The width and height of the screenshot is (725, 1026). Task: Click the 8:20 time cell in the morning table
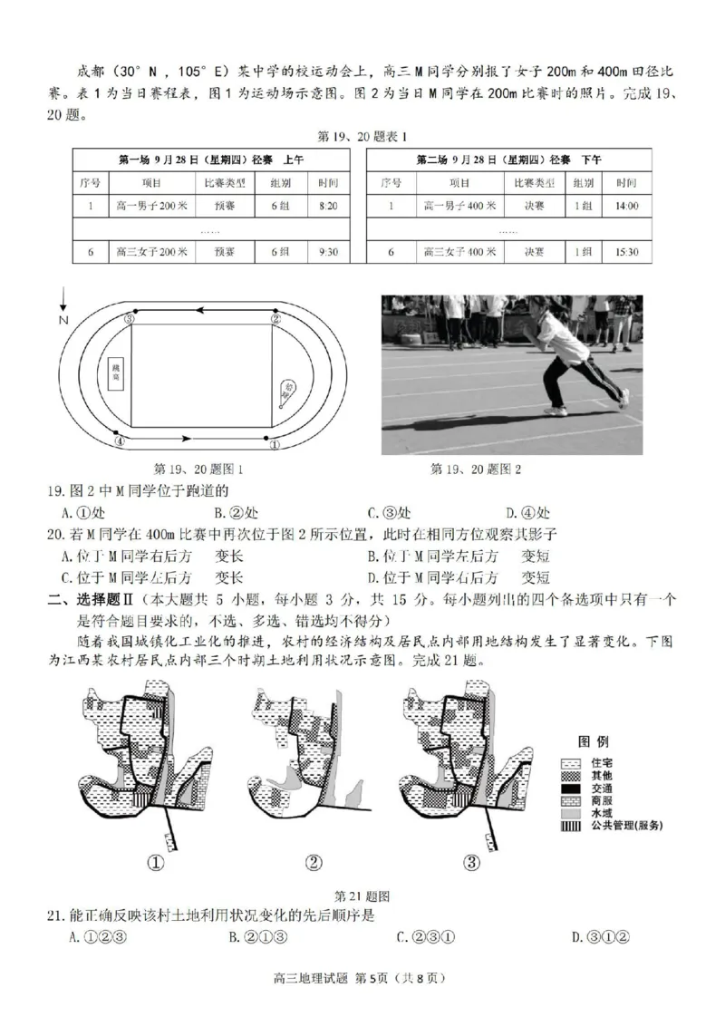pyautogui.click(x=328, y=206)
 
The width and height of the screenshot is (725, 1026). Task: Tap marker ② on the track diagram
pyautogui.click(x=275, y=318)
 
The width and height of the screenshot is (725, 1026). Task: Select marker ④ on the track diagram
pyautogui.click(x=118, y=441)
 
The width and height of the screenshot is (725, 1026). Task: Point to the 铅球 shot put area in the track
pyautogui.click(x=289, y=392)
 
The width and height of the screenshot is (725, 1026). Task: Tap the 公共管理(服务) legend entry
pyautogui.click(x=626, y=825)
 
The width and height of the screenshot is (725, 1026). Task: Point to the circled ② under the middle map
pyautogui.click(x=313, y=862)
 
